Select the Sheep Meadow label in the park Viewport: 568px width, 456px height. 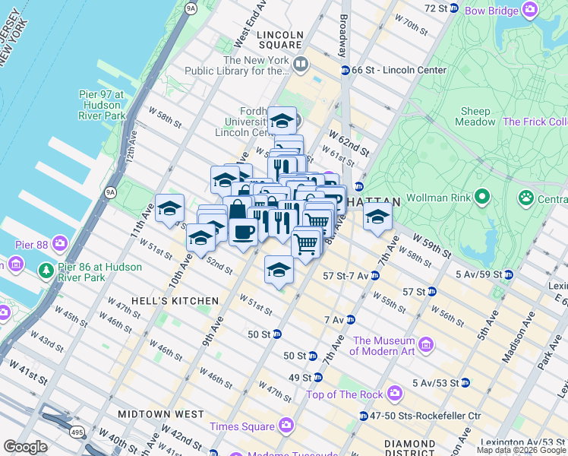pyautogui.click(x=475, y=116)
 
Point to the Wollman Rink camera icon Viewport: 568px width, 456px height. pyautogui.click(x=481, y=198)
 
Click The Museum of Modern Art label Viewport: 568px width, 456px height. pyautogui.click(x=383, y=346)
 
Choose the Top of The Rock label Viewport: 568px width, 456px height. pyautogui.click(x=347, y=394)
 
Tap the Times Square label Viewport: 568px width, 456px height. pyautogui.click(x=243, y=425)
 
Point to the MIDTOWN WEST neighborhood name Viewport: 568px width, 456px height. pyautogui.click(x=160, y=414)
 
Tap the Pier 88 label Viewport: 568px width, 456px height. pyautogui.click(x=33, y=245)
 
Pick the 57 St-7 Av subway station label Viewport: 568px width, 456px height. pyautogui.click(x=346, y=275)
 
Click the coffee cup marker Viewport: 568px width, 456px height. pyautogui.click(x=243, y=231)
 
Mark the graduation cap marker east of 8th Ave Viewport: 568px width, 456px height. pyautogui.click(x=377, y=217)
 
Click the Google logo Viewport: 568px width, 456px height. pyautogui.click(x=25, y=447)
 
